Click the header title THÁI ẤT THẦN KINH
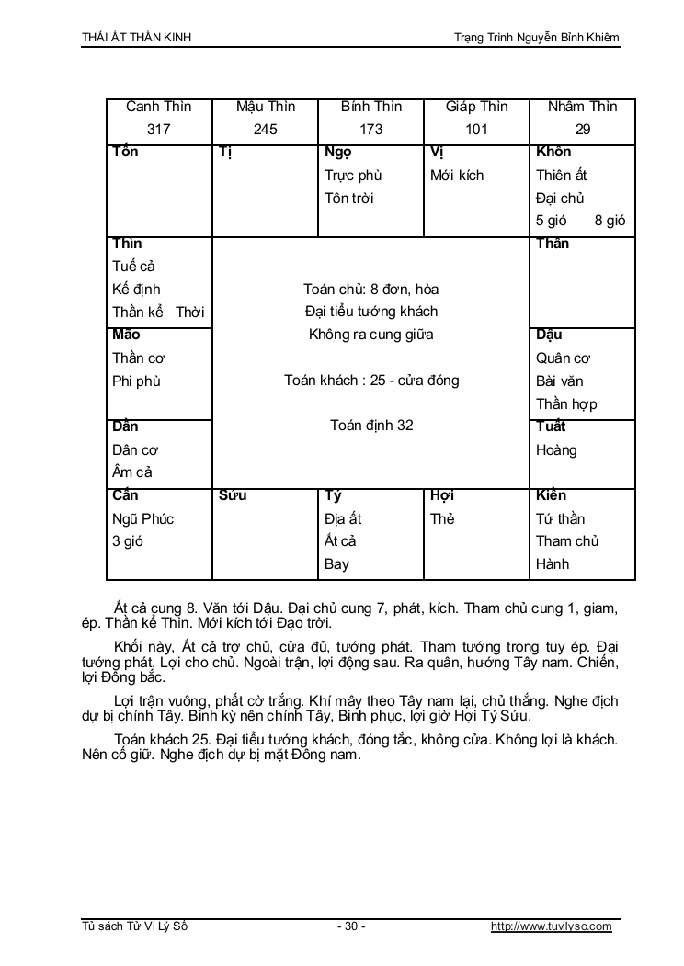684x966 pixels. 137,37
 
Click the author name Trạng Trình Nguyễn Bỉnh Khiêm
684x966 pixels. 537,37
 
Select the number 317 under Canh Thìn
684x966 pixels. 159,130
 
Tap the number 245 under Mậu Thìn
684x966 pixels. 266,130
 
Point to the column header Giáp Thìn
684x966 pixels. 476,107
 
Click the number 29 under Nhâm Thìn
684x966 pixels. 583,130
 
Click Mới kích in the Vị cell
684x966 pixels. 457,175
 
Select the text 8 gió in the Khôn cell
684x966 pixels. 610,221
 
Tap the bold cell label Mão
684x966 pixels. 126,335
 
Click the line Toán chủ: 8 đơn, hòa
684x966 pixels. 371,289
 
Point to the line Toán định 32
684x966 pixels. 371,425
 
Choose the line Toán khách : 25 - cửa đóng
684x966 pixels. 371,380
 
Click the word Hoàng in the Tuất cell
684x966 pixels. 556,449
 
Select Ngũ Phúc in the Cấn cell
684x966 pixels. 142,518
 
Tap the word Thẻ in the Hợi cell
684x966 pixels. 442,518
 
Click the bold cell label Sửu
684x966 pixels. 234,495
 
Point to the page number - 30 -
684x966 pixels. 351,926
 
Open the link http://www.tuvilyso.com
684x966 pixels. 552,926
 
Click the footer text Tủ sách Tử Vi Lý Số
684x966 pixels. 134,926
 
